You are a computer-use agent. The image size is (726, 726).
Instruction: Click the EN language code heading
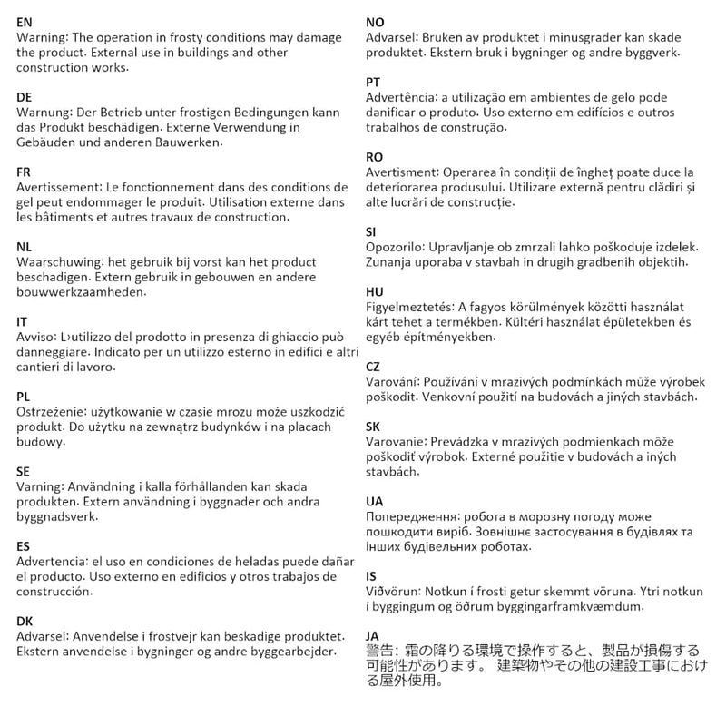pyautogui.click(x=25, y=21)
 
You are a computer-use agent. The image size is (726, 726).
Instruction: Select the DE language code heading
pyautogui.click(x=25, y=96)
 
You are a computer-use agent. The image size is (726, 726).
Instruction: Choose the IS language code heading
pyautogui.click(x=371, y=575)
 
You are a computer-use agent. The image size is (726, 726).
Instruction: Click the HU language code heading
pyautogui.click(x=374, y=291)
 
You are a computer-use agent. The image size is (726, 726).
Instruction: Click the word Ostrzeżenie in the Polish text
pyautogui.click(x=53, y=412)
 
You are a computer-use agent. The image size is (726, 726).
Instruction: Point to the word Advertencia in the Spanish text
pyautogui.click(x=55, y=562)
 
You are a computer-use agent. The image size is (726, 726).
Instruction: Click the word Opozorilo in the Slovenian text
pyautogui.click(x=394, y=247)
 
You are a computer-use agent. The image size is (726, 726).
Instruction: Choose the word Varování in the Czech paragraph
pyautogui.click(x=393, y=382)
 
